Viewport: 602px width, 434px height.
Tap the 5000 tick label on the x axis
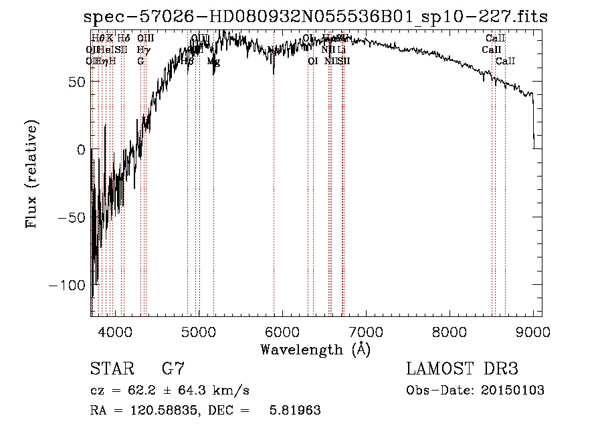pos(199,331)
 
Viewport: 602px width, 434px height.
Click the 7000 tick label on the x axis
pos(366,331)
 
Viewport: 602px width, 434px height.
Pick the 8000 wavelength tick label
pos(449,331)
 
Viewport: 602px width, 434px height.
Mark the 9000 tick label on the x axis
pos(533,331)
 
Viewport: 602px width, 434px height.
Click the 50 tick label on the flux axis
pos(76,82)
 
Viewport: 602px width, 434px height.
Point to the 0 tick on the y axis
pos(81,150)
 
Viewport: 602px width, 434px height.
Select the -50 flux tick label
pos(72,217)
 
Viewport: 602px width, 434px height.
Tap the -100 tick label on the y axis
pos(67,285)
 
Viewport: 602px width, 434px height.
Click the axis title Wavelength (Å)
pos(316,349)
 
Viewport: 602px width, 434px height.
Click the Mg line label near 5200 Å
pos(213,62)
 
